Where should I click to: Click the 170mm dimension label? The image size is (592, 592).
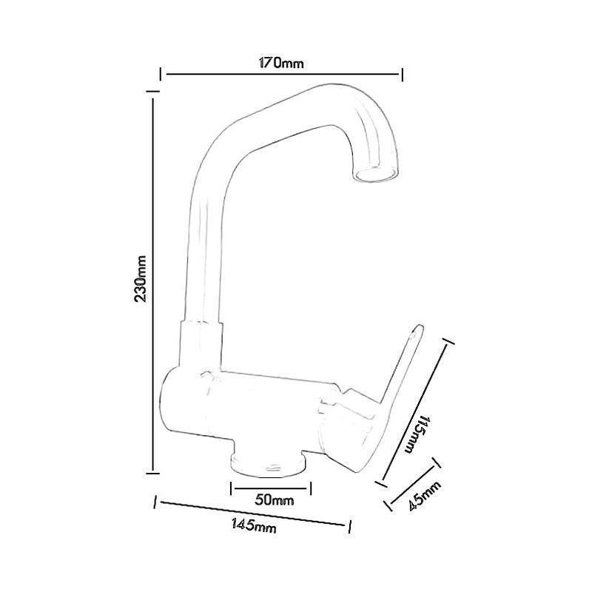(x=281, y=63)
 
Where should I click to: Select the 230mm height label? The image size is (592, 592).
(x=141, y=279)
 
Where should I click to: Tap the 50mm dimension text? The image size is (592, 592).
(x=274, y=500)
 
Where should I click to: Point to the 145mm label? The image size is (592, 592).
(x=254, y=525)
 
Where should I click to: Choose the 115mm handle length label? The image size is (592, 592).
(x=417, y=434)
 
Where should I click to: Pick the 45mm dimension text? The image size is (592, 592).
(x=424, y=496)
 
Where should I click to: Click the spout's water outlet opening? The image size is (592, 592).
(x=376, y=175)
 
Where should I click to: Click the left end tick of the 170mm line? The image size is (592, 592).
(x=161, y=75)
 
